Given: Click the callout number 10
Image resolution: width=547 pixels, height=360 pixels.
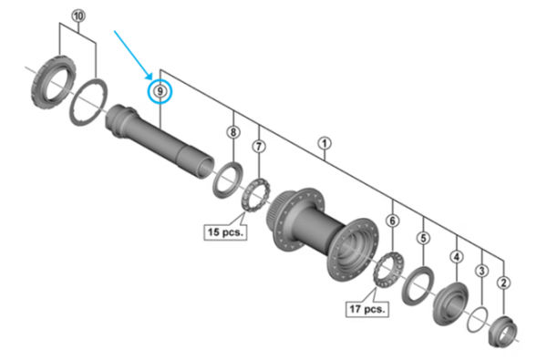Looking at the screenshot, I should pyautogui.click(x=77, y=17).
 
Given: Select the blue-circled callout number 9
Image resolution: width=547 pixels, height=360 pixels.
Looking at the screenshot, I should pyautogui.click(x=160, y=91).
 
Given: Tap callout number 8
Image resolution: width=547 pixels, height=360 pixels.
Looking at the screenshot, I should pyautogui.click(x=233, y=133).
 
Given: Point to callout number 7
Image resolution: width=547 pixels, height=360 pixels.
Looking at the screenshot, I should pyautogui.click(x=260, y=146).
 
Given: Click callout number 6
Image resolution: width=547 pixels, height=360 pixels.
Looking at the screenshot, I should pyautogui.click(x=393, y=221).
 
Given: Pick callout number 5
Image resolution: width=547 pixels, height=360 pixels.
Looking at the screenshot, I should pyautogui.click(x=423, y=238).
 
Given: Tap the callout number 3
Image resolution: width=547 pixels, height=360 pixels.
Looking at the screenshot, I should pyautogui.click(x=482, y=270).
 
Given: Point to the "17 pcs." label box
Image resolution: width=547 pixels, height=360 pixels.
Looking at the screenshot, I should pyautogui.click(x=366, y=308).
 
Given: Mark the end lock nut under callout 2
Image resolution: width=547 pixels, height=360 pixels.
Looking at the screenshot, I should pyautogui.click(x=504, y=329).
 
